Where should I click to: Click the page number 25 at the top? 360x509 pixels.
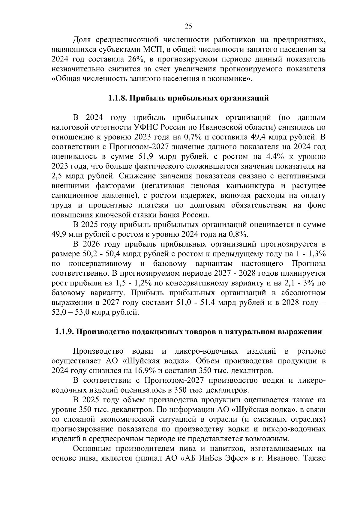pos(188,26)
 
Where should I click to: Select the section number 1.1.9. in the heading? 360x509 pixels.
pos(65,332)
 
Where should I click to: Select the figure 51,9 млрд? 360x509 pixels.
pos(147,157)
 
